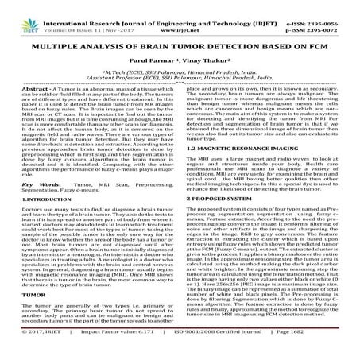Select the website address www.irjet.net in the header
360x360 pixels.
pos(185,15)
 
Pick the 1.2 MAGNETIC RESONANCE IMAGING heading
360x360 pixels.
pos(237,149)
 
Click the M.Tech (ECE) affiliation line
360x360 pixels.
pos(180,70)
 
